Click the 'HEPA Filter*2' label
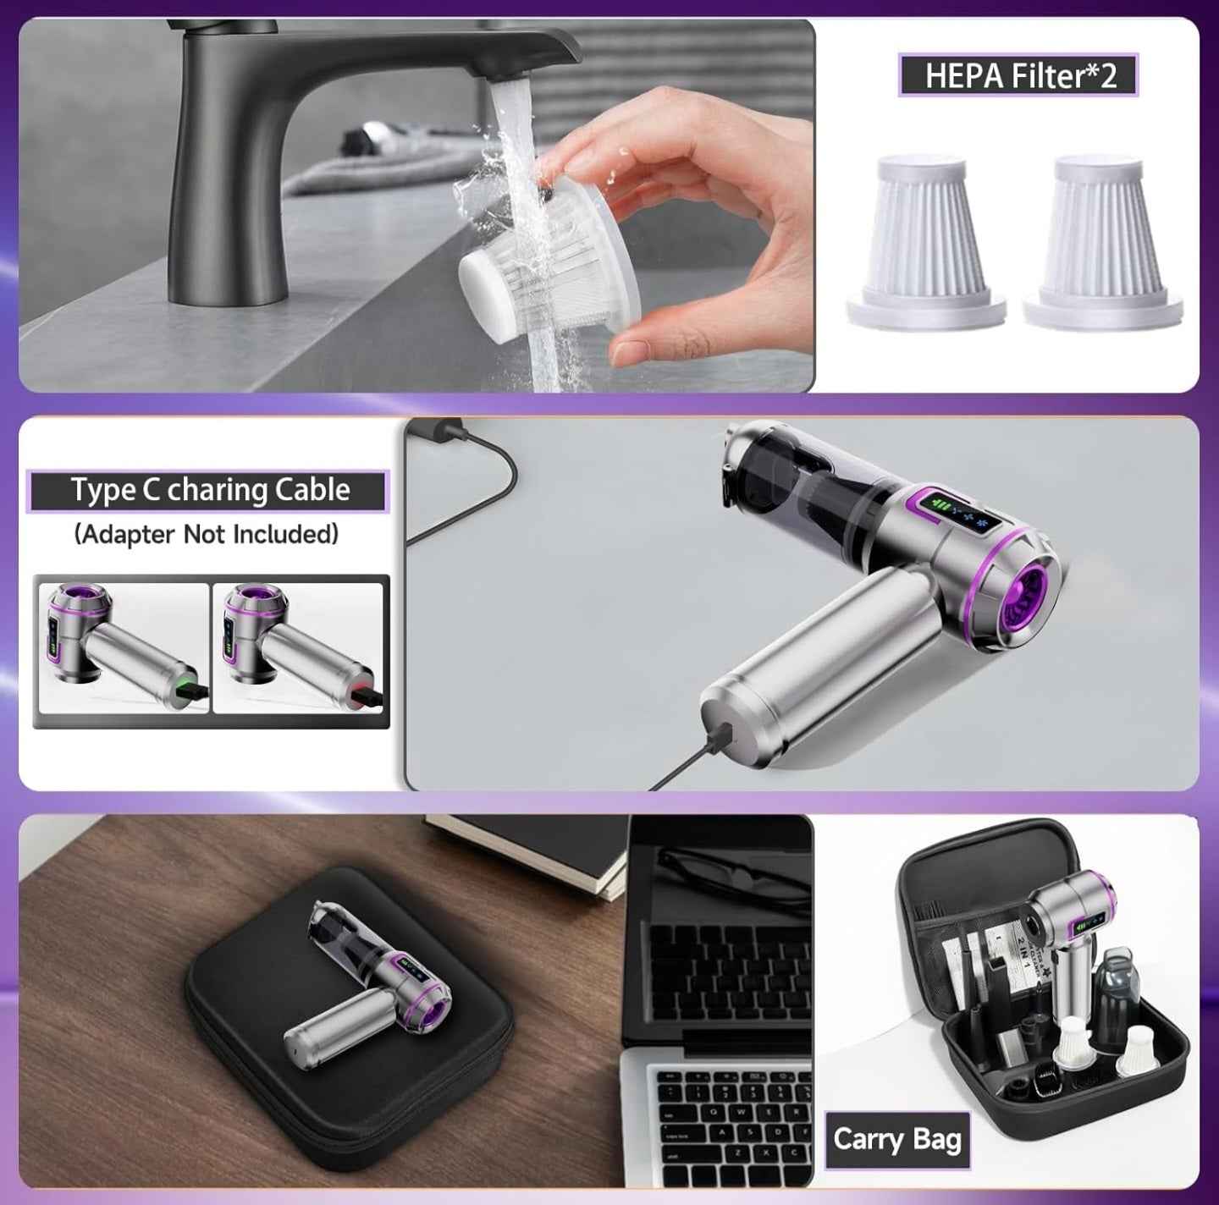pos(1018,75)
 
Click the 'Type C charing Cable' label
pos(209,491)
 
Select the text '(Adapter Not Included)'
pos(207,535)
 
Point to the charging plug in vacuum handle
pos(720,729)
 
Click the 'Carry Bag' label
pos(896,1139)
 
